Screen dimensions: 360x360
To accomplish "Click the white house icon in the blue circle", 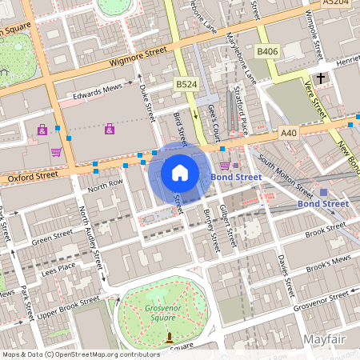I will (x=180, y=172).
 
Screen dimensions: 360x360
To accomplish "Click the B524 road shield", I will (x=186, y=84).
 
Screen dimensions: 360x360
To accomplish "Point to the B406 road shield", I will (x=266, y=52).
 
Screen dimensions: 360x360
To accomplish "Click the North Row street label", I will (x=106, y=186).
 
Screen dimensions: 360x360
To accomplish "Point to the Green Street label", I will (x=52, y=238).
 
